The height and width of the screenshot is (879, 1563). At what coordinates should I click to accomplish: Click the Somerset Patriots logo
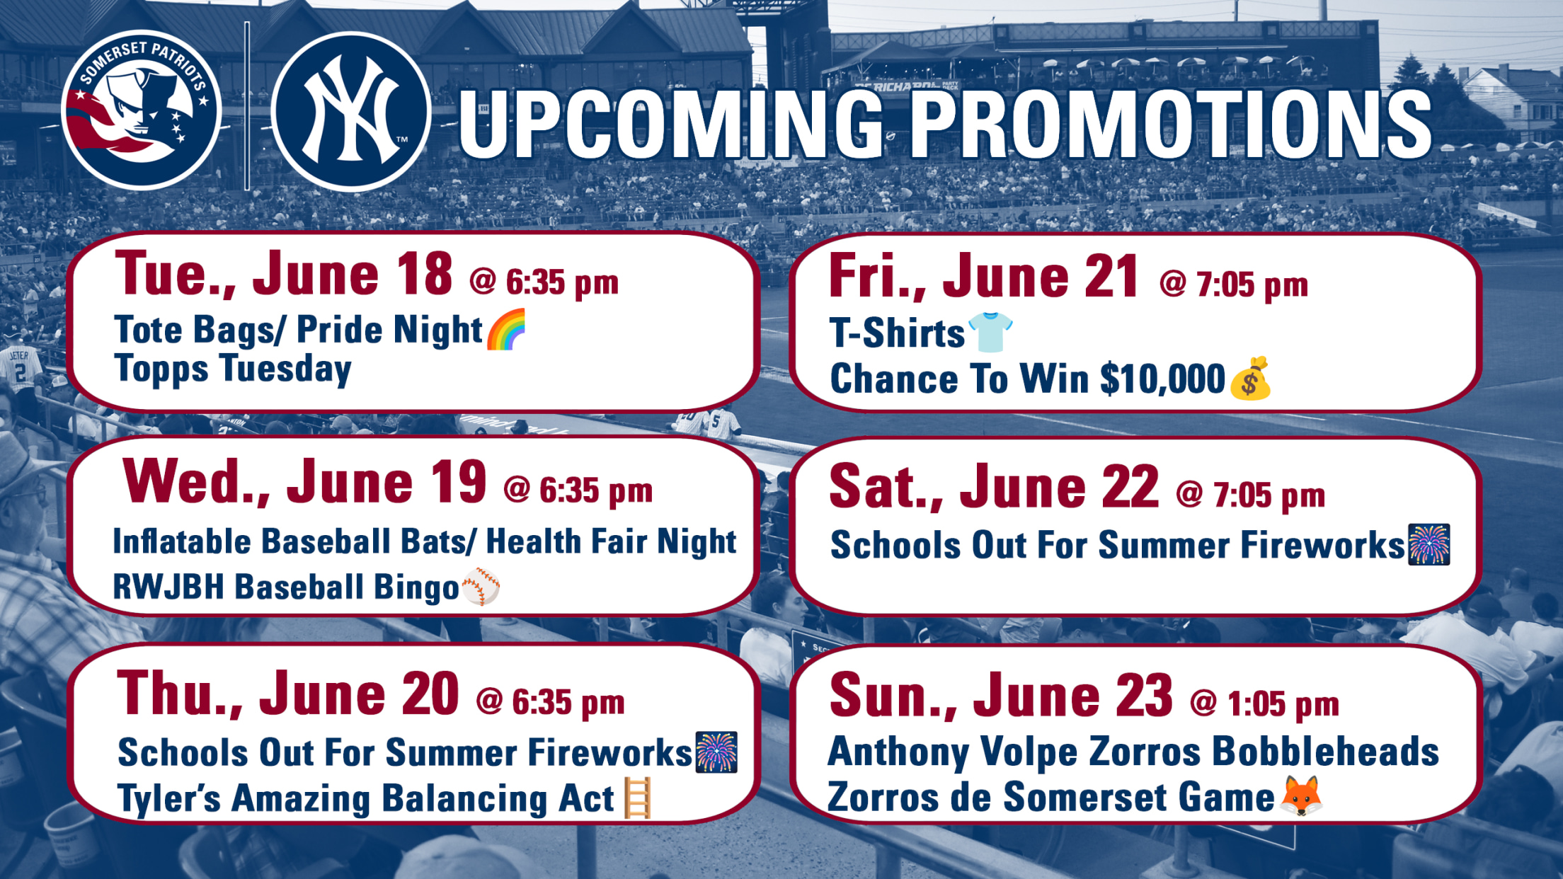pos(142,110)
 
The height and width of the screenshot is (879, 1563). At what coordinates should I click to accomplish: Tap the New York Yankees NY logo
pos(351,111)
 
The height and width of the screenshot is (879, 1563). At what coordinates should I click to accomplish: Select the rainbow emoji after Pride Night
pos(507,329)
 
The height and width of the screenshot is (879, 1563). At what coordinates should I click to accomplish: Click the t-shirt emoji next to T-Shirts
pos(990,331)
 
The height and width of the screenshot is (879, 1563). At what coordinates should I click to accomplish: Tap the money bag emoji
pos(1250,379)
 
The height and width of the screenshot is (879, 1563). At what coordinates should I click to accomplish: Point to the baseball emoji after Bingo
pos(481,586)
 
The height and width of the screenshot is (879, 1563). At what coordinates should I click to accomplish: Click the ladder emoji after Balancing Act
pos(637,798)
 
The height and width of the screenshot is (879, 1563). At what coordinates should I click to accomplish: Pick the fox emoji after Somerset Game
pos(1302,795)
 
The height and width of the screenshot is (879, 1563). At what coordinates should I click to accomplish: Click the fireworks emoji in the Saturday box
pos(1429,544)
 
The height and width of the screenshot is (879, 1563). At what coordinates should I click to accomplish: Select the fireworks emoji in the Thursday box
pos(716,752)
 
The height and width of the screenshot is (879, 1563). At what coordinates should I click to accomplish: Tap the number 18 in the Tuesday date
pos(424,274)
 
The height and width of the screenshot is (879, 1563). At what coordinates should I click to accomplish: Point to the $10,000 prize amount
pos(1162,379)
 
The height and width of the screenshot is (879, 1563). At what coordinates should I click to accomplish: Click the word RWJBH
pos(168,587)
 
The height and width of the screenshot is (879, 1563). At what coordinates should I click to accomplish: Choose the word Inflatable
pos(182,541)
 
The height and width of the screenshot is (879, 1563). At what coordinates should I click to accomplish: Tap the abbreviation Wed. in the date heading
pos(196,483)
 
